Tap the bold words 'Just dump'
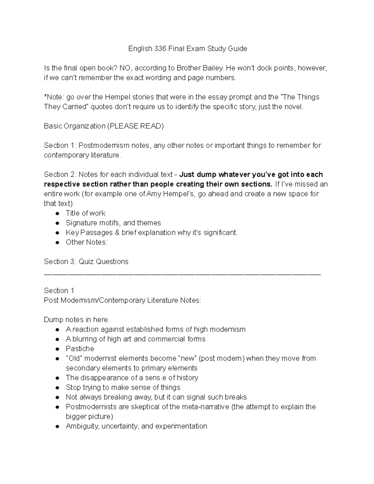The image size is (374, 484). point(198,174)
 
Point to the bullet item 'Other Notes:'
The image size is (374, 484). point(86,242)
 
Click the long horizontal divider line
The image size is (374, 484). point(182,274)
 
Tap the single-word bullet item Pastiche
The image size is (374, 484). point(80,348)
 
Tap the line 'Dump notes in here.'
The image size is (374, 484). point(77,319)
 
